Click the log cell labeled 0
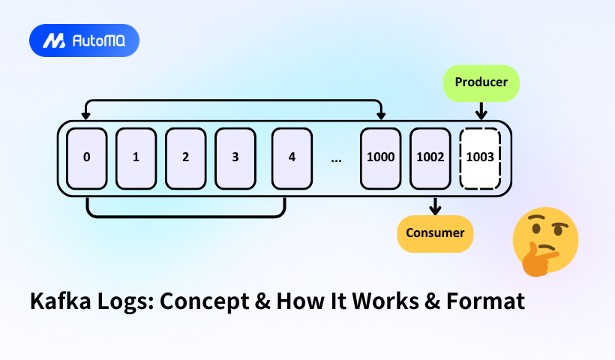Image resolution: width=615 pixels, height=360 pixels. point(87,158)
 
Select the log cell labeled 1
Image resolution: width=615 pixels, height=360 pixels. point(136,158)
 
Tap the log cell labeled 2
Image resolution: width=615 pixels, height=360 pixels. point(185,158)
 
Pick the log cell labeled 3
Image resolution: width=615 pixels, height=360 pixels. point(235,158)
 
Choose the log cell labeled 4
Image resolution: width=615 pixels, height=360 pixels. point(292,158)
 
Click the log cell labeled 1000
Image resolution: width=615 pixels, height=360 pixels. point(380,158)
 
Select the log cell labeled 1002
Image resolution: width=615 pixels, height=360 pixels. point(430,158)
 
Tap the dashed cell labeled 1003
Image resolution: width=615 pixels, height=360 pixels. point(480,158)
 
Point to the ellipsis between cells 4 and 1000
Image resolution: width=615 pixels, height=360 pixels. point(336,159)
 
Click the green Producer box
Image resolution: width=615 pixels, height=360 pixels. point(481,82)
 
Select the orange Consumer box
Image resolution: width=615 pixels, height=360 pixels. point(435,232)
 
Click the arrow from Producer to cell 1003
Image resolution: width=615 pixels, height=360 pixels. point(481,110)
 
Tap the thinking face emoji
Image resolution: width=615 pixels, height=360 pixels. point(544,240)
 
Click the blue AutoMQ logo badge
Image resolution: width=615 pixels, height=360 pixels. point(84,40)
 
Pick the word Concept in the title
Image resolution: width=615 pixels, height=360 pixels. point(197,302)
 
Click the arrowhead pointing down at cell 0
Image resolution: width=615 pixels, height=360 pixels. point(87,115)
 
